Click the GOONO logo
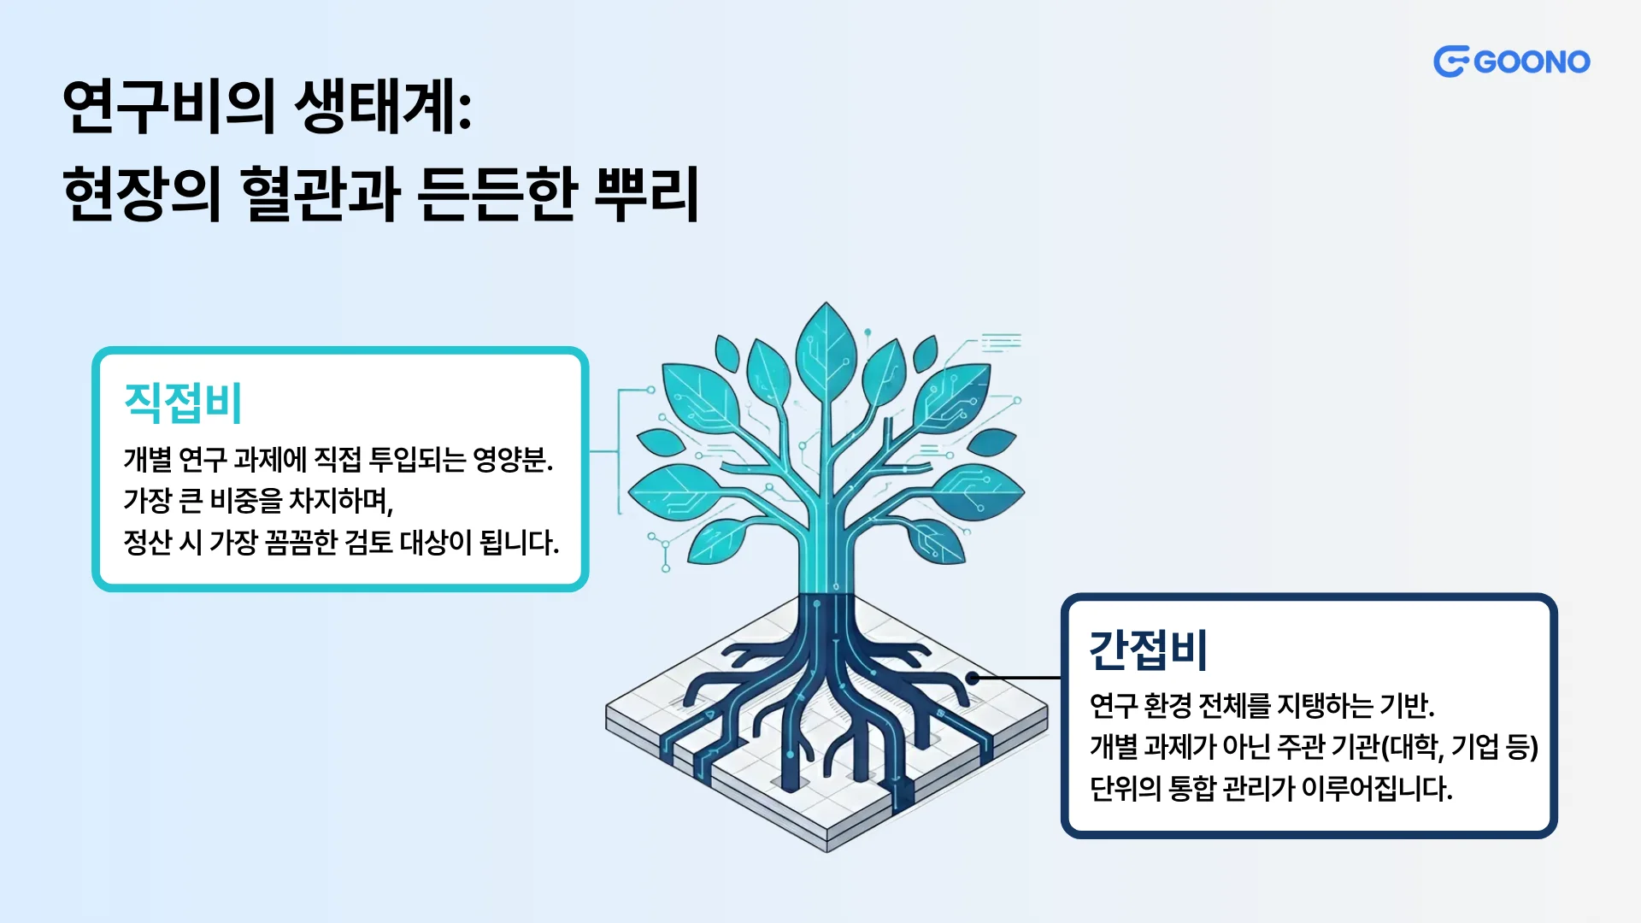click(x=1511, y=62)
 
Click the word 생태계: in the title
click(x=383, y=106)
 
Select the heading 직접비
click(x=183, y=403)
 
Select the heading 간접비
click(x=1148, y=650)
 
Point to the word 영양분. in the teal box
click(x=513, y=460)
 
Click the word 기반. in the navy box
click(x=1407, y=706)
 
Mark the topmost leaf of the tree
click(x=826, y=350)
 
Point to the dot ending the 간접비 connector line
click(x=972, y=678)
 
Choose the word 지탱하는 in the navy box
click(x=1324, y=706)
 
